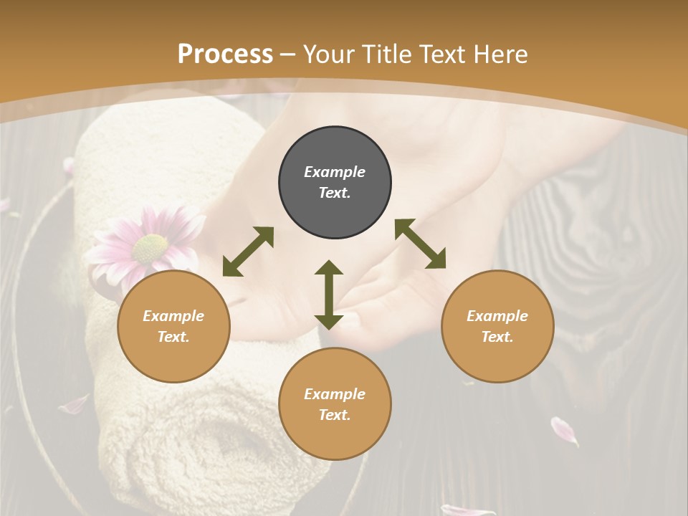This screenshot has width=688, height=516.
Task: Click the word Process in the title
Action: [x=225, y=54]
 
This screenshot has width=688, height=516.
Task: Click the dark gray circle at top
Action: [x=335, y=183]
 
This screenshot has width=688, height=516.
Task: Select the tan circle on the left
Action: [x=173, y=326]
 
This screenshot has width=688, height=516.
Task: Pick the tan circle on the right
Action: [x=497, y=326]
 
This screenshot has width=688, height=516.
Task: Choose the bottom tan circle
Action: [x=335, y=404]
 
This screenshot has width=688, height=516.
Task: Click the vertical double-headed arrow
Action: [x=329, y=295]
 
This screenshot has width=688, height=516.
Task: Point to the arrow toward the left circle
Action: [x=248, y=252]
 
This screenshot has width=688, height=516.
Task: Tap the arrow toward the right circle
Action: [x=420, y=244]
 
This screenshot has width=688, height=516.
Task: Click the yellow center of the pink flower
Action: [x=150, y=249]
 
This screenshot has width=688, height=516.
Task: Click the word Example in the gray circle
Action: [x=335, y=172]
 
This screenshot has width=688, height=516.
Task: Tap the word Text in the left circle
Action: [x=173, y=337]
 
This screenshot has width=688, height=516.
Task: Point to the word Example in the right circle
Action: [x=497, y=316]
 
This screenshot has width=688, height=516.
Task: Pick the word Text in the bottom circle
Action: [x=335, y=415]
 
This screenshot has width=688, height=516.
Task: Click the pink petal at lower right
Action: [x=564, y=431]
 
